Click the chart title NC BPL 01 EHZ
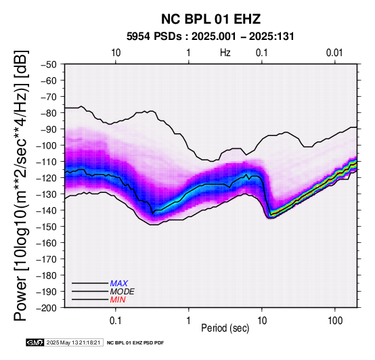pyautogui.click(x=211, y=19)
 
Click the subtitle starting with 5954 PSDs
pyautogui.click(x=211, y=37)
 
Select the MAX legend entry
pyautogui.click(x=119, y=284)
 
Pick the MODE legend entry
pyautogui.click(x=123, y=292)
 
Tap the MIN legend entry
pyautogui.click(x=118, y=300)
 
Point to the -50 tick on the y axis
pyautogui.click(x=49, y=64)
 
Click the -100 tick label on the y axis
pyautogui.click(x=47, y=145)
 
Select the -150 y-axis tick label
pyautogui.click(x=47, y=227)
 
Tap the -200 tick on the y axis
pyautogui.click(x=47, y=308)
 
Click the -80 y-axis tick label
pyautogui.click(x=49, y=113)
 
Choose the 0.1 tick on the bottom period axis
pyautogui.click(x=116, y=321)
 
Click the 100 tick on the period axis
pyautogui.click(x=335, y=321)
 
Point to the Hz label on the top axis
pyautogui.click(x=225, y=53)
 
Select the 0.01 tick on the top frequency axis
pyautogui.click(x=334, y=53)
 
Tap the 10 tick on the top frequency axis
pyautogui.click(x=116, y=53)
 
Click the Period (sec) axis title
pyautogui.click(x=225, y=328)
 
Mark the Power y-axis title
pyautogui.click(x=21, y=185)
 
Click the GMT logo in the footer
pyautogui.click(x=35, y=342)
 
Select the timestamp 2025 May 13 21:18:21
pyautogui.click(x=73, y=342)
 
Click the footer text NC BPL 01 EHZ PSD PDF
pyautogui.click(x=135, y=343)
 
